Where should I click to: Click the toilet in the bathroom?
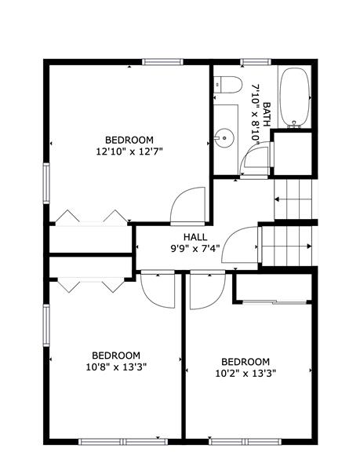coord(227,85)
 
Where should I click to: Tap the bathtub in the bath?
coord(294,97)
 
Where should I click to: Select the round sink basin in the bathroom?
coord(225,138)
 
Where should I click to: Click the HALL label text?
coord(195,237)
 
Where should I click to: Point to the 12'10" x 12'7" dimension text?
coord(129,152)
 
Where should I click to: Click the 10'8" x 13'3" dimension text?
coord(116,367)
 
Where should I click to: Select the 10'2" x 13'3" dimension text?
coord(245,374)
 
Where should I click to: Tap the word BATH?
coord(267,114)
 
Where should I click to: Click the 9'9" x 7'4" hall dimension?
coord(195,248)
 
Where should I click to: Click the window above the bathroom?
coord(256,62)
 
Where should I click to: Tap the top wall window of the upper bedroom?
coord(162,62)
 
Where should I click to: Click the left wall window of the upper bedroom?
coord(46,183)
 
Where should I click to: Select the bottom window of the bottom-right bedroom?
coord(245,441)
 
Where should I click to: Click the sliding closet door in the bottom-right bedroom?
coord(275,302)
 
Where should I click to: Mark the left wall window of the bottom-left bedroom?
coord(46,325)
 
